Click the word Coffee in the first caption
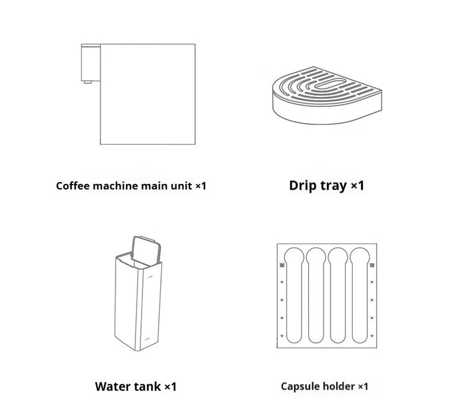click(x=73, y=186)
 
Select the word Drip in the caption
click(x=303, y=185)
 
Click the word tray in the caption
click(x=334, y=186)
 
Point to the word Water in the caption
click(x=112, y=387)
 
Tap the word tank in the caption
click(x=148, y=387)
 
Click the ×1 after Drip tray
click(x=357, y=185)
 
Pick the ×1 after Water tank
click(x=171, y=387)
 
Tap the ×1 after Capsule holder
click(x=363, y=387)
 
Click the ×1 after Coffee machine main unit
click(x=201, y=186)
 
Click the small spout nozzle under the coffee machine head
click(x=88, y=82)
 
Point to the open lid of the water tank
click(x=146, y=250)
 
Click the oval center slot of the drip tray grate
click(x=330, y=84)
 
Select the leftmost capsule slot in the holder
click(x=294, y=295)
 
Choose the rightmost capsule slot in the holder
click(x=360, y=295)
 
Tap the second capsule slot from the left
click(x=316, y=295)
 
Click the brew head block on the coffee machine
click(x=91, y=62)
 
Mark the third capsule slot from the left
click(x=338, y=295)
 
